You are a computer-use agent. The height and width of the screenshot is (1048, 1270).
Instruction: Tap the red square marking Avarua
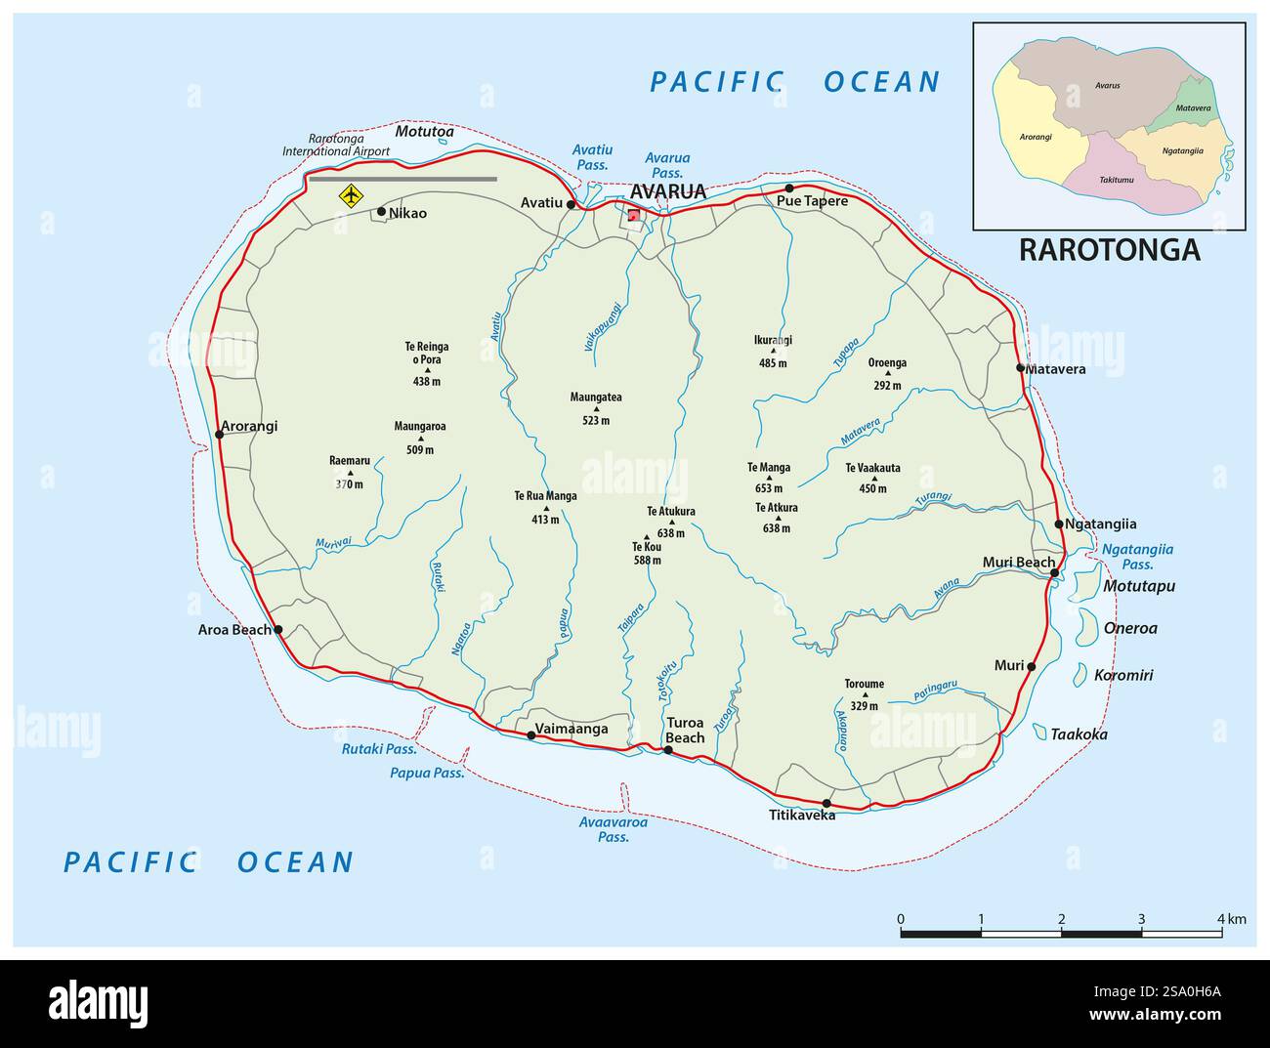tap(634, 216)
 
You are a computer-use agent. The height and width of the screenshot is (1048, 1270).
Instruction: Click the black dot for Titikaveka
tap(826, 803)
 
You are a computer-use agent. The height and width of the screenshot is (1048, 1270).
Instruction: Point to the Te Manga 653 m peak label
tap(769, 478)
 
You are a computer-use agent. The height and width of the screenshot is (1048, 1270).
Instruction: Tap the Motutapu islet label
tap(1138, 586)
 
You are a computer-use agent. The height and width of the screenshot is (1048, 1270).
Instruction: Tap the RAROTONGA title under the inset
tap(1109, 250)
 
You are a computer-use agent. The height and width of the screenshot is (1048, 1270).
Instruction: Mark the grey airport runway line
tap(402, 179)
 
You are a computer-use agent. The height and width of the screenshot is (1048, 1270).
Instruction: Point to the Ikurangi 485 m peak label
tap(772, 351)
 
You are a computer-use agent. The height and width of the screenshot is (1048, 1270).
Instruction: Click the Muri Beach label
tap(1018, 562)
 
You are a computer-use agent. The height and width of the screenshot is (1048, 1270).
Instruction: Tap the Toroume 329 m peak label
tap(864, 694)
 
